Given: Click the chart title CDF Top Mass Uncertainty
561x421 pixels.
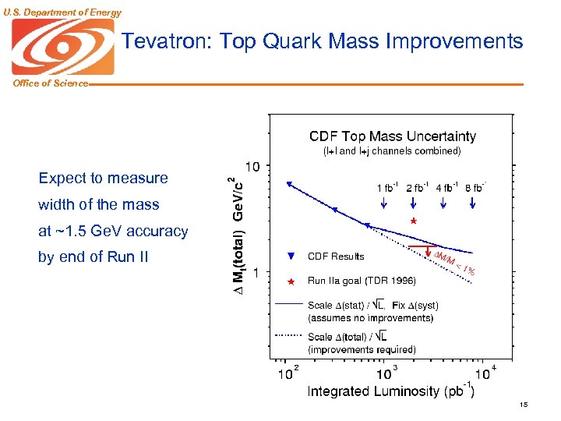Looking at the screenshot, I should (x=392, y=136).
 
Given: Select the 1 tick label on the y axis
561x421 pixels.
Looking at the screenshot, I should (x=258, y=272).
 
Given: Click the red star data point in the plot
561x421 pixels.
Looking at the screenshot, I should (x=414, y=221).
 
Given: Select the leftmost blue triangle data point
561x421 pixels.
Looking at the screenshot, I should (x=289, y=184).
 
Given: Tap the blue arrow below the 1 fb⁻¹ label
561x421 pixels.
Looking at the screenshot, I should (x=385, y=202).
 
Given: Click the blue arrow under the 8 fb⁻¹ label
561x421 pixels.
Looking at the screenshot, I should (x=473, y=202).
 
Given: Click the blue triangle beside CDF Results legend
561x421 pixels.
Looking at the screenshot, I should (x=290, y=256).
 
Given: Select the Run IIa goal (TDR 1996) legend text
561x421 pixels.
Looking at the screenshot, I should (x=362, y=281).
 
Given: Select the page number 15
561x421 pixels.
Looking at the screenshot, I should (x=523, y=404).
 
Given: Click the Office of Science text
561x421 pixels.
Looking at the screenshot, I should (x=50, y=83).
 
